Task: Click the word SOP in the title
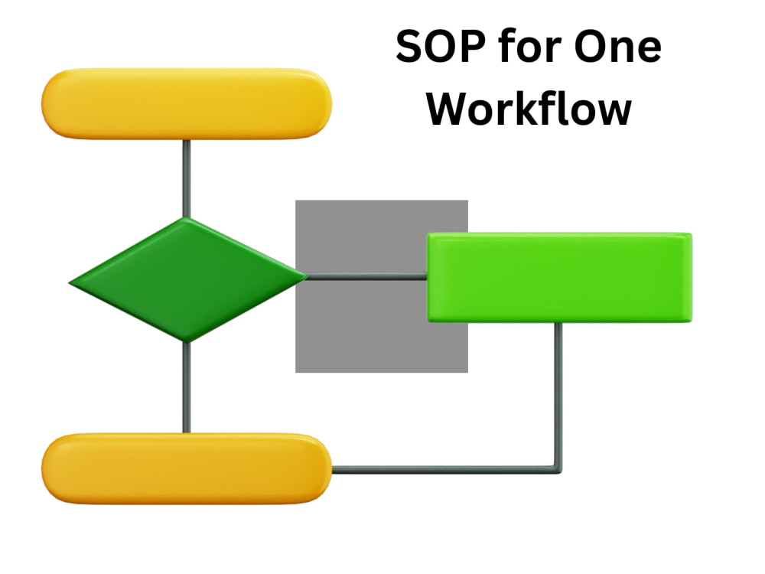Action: tap(441, 47)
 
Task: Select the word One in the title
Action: tap(618, 47)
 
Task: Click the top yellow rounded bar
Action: tap(187, 103)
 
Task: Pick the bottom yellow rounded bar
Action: tap(187, 468)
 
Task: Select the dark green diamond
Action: tap(187, 279)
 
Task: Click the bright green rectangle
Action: tap(560, 277)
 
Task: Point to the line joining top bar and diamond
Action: tap(187, 178)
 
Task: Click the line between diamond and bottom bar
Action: tap(187, 387)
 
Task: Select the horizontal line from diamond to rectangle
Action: tap(367, 277)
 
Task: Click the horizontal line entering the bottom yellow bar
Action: tap(443, 470)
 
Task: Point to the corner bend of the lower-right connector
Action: tap(558, 470)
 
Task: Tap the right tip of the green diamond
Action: tap(308, 277)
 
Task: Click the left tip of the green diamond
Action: tap(69, 282)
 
